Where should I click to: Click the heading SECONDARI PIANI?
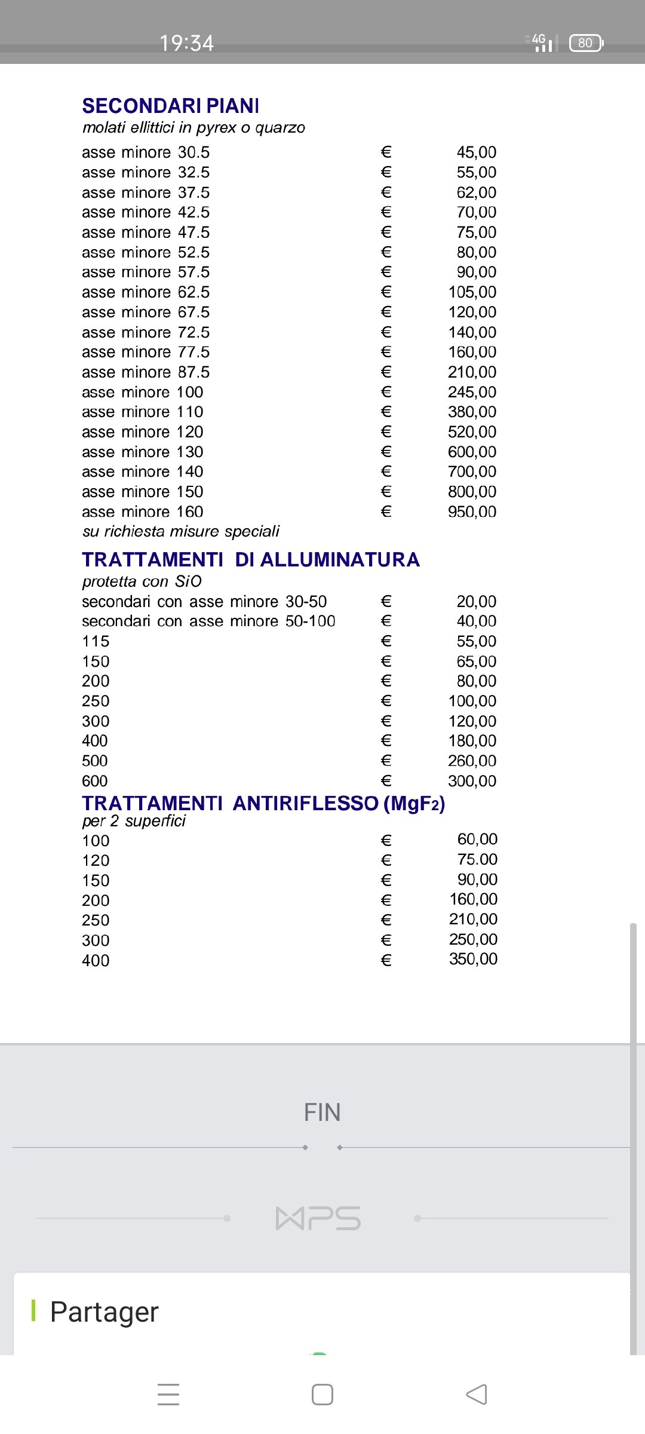click(170, 106)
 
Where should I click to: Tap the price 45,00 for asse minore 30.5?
click(476, 152)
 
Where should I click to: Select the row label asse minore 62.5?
click(146, 292)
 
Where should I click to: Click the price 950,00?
click(472, 511)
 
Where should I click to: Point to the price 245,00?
click(472, 392)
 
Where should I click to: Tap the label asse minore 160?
click(142, 511)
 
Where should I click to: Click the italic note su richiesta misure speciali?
click(180, 531)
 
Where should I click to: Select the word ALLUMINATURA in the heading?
click(340, 560)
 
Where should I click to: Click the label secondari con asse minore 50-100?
click(208, 621)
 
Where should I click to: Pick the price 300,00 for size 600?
click(472, 781)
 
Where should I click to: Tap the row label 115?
click(96, 641)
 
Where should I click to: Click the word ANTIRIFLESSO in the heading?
click(305, 804)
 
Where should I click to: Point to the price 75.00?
click(477, 859)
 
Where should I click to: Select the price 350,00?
click(473, 959)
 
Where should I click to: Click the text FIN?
click(322, 1113)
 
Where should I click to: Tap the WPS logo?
click(318, 1218)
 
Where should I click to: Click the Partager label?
click(104, 1312)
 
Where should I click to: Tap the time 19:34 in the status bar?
click(186, 43)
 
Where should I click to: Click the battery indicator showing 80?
click(586, 43)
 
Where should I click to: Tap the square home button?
click(322, 1395)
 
